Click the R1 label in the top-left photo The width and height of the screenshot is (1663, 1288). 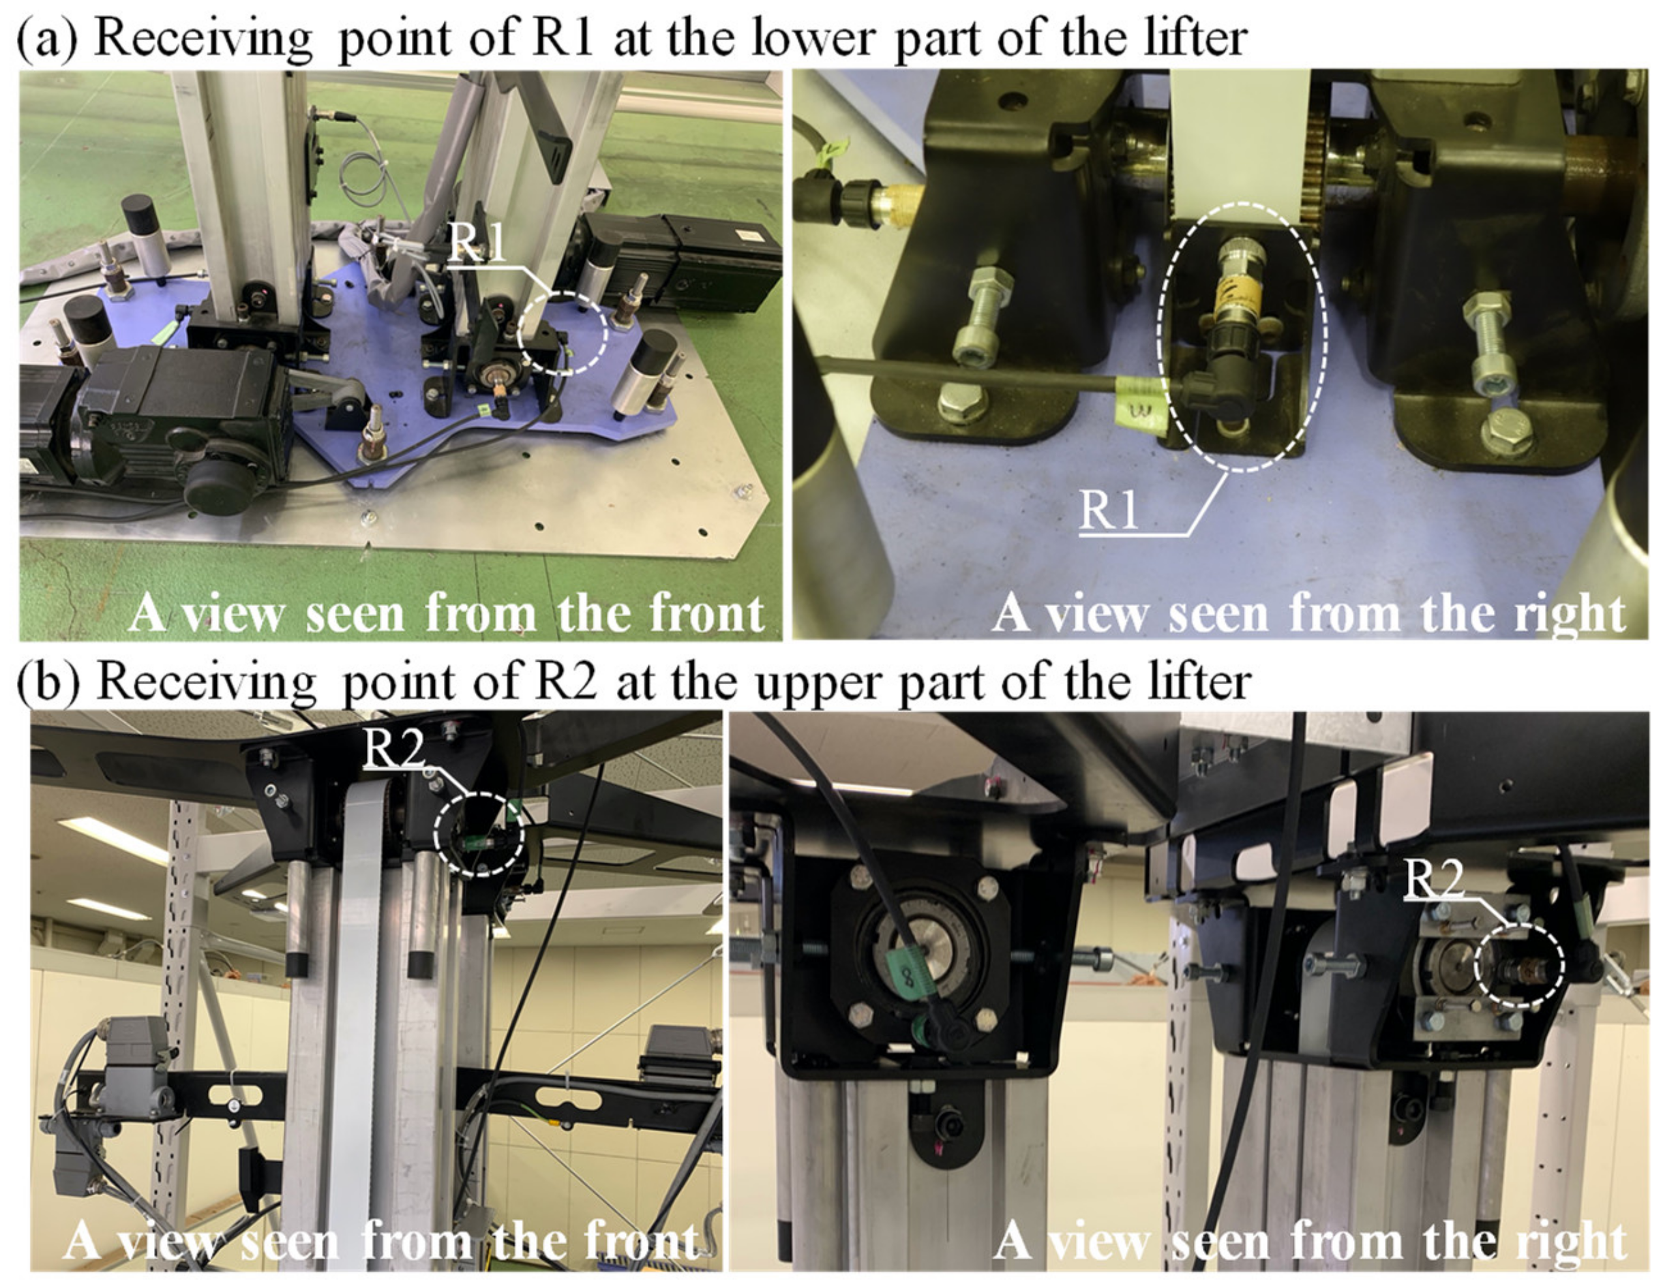click(477, 243)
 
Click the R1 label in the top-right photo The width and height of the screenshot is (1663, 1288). click(1109, 509)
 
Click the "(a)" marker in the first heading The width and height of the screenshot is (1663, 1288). click(47, 38)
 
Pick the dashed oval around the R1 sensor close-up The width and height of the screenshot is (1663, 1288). click(1241, 337)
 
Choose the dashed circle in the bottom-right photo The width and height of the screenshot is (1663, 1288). click(1519, 965)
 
